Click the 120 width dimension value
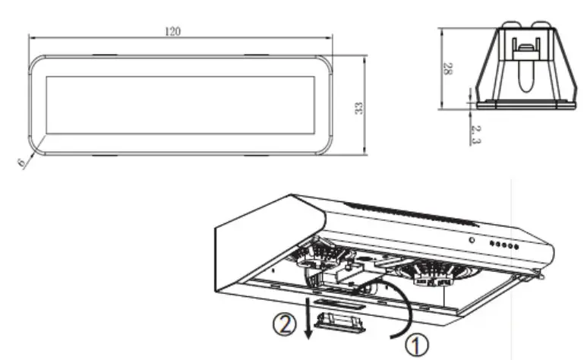(173, 31)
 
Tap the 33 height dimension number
(358, 106)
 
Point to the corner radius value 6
(23, 161)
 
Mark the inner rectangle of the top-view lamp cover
(181, 106)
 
